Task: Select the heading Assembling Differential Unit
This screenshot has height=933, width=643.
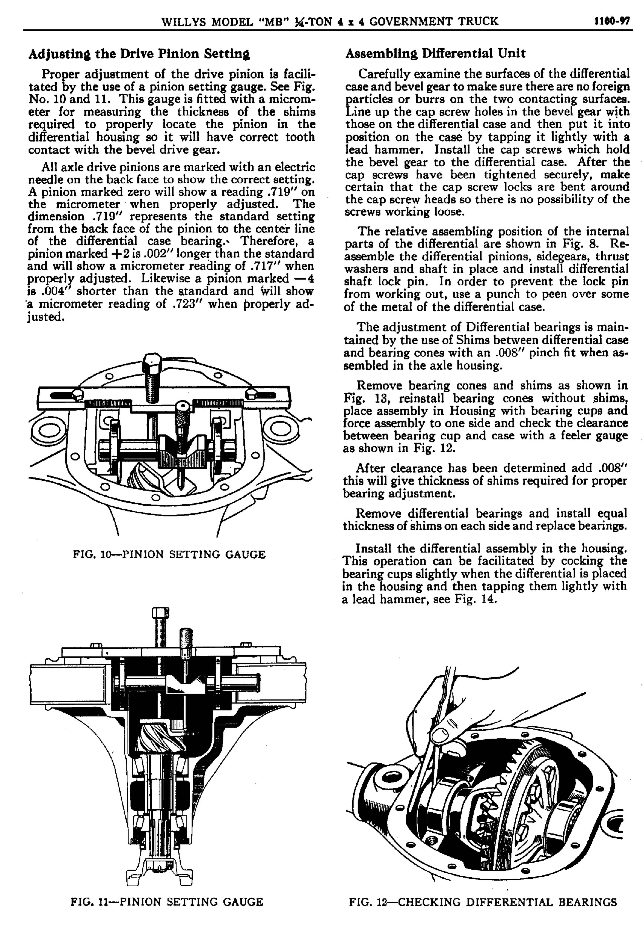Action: pyautogui.click(x=435, y=53)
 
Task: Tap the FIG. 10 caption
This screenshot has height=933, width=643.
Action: pyautogui.click(x=169, y=554)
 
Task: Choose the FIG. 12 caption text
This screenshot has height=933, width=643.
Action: pyautogui.click(x=483, y=901)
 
